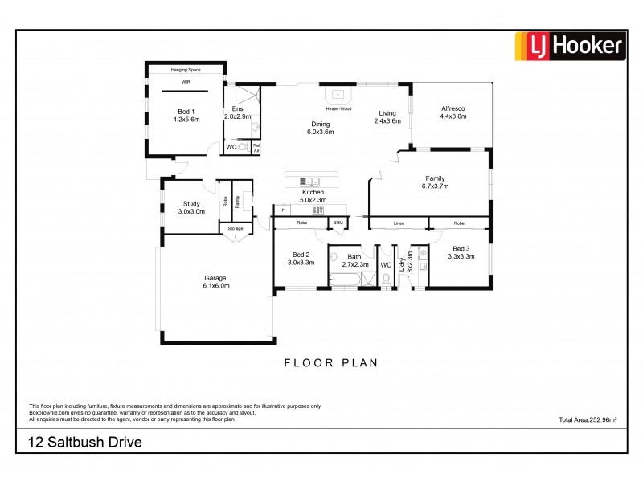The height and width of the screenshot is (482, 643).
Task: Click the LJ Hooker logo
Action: tap(570, 46)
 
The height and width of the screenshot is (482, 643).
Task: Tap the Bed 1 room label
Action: tap(186, 116)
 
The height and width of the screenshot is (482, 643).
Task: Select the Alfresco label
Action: tap(453, 112)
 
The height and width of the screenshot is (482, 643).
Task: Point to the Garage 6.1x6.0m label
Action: tap(215, 282)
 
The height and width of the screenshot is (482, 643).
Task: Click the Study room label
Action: tap(191, 208)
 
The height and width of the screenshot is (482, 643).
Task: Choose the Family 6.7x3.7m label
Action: tap(435, 182)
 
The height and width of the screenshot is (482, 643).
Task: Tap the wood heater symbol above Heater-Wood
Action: tap(338, 94)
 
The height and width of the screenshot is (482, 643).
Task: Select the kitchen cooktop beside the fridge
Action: tap(318, 210)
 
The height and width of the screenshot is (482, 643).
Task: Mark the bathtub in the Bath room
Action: tap(346, 279)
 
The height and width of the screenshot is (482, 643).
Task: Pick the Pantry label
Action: tap(238, 202)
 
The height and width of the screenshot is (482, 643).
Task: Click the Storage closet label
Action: tap(235, 229)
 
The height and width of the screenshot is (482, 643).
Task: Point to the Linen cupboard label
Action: tap(399, 223)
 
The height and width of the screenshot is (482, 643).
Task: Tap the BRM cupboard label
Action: tap(338, 223)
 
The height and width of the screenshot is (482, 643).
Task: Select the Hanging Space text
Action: tap(185, 70)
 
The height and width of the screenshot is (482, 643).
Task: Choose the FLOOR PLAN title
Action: tap(330, 363)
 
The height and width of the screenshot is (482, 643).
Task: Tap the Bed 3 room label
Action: tap(463, 253)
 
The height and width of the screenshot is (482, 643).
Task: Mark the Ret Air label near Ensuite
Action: tap(256, 149)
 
